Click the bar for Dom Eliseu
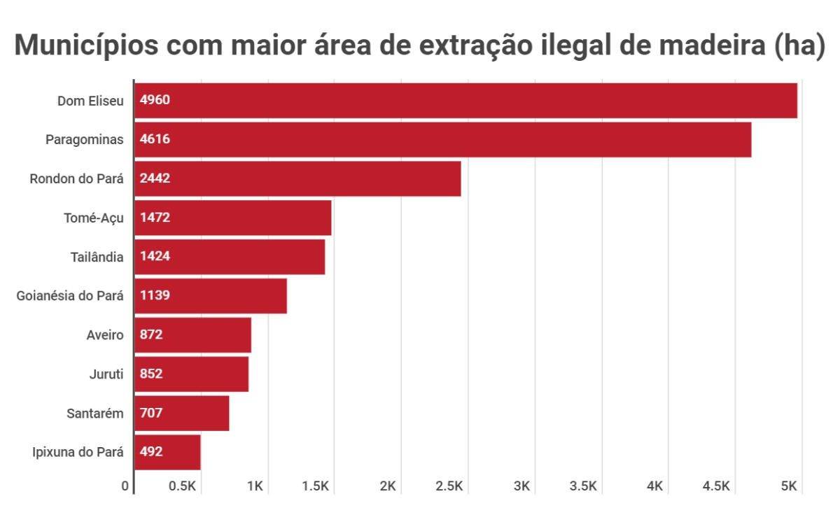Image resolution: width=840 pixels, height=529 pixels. pos(465,100)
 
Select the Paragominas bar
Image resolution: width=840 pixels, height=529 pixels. pos(442,139)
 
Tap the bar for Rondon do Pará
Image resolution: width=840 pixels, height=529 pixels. pos(297,178)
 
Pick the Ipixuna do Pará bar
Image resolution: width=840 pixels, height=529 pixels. pos(167,452)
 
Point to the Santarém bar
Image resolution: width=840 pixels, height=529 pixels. pos(181,413)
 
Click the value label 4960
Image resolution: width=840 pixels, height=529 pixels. pos(155,100)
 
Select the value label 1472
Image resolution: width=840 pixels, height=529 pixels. pos(155,218)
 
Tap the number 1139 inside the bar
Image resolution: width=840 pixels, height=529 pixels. pos(155,295)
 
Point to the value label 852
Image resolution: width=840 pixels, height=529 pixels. pos(151,374)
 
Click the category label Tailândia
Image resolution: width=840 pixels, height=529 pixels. pos(97,257)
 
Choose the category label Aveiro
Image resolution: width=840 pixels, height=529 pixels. pos(105,334)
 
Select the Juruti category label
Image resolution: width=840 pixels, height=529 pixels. pos(107,374)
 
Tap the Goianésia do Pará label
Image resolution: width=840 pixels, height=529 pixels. pos(70,295)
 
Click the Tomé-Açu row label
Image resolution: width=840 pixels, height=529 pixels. pos(94,218)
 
